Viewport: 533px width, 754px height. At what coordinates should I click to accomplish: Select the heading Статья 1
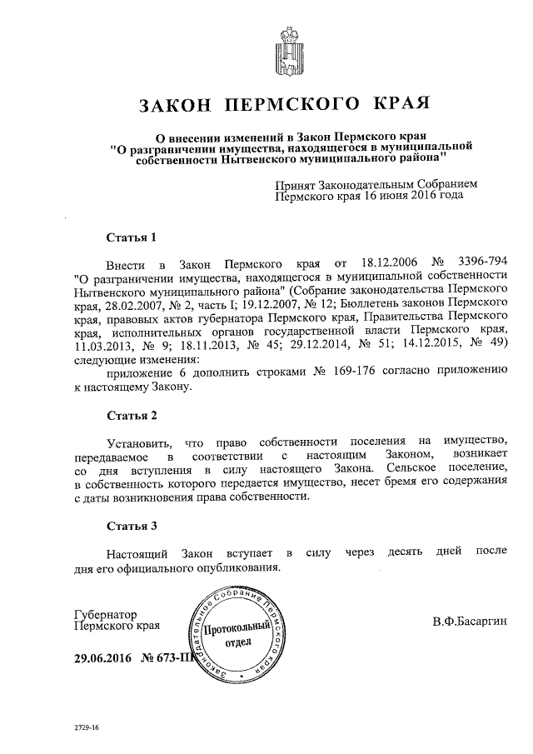132,237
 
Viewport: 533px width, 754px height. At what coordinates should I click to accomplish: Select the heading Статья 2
132,415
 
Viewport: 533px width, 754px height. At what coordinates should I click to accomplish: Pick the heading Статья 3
132,527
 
